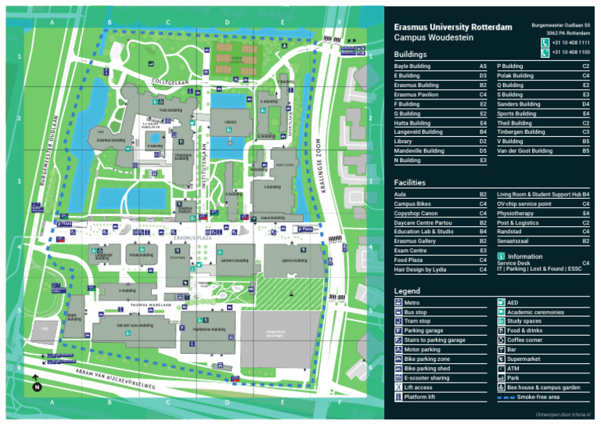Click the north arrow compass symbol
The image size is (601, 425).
[36, 385]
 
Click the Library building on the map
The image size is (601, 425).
[229, 122]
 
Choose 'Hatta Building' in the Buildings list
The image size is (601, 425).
[412, 123]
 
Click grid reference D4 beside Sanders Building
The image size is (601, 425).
[585, 104]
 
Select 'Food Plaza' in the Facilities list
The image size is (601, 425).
[408, 259]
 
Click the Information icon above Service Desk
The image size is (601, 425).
[502, 256]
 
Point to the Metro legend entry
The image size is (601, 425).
[412, 302]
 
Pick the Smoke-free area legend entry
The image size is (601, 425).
[533, 397]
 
